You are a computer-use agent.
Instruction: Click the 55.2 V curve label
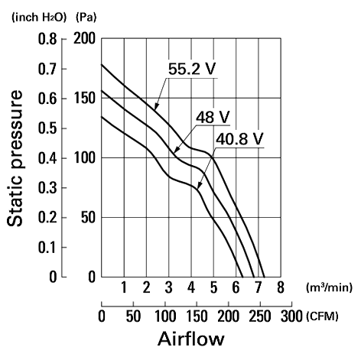[x=192, y=69]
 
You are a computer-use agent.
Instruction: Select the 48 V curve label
[x=213, y=117]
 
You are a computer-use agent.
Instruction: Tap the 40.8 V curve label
[x=239, y=139]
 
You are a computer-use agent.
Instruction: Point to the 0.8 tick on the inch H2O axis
[x=47, y=39]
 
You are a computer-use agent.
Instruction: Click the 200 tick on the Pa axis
[x=84, y=39]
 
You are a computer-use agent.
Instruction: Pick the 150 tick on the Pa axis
[x=84, y=99]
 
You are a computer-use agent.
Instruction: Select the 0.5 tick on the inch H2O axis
[x=47, y=128]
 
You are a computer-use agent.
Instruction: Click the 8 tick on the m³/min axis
[x=281, y=287]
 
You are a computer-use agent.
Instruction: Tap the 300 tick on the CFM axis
[x=291, y=316]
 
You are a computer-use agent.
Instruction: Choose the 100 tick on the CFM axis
[x=165, y=316]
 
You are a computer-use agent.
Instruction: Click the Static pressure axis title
[x=15, y=158]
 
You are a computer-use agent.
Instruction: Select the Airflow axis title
[x=191, y=339]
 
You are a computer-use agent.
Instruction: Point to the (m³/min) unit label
[x=329, y=287]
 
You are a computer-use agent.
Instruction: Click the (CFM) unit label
[x=323, y=316]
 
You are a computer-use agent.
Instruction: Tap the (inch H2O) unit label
[x=39, y=18]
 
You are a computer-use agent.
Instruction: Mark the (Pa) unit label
[x=86, y=18]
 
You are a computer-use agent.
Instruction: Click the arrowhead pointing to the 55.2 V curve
[x=156, y=107]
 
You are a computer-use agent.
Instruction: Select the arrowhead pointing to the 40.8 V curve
[x=199, y=186]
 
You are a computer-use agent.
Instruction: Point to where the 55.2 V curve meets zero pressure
[x=265, y=277]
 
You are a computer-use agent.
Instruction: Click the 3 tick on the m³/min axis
[x=168, y=287]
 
